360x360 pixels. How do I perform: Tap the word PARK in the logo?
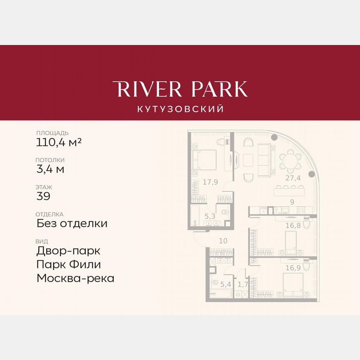[218, 89]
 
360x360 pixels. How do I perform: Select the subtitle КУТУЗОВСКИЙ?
[180, 109]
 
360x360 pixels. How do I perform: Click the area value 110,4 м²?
[59, 143]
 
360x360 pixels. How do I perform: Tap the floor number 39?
[43, 196]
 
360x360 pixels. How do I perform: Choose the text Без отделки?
[72, 223]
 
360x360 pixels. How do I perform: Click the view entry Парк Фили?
[69, 265]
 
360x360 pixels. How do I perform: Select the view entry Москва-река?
[75, 278]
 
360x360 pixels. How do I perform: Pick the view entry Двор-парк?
[68, 251]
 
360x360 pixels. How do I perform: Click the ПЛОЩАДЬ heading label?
[52, 133]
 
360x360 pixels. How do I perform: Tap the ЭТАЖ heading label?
[44, 187]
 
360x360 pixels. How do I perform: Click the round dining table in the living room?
[290, 160]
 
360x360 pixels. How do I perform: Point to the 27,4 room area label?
[293, 178]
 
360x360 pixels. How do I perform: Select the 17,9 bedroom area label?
[211, 182]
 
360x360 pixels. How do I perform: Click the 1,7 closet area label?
[242, 285]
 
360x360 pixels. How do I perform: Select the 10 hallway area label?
[224, 241]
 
